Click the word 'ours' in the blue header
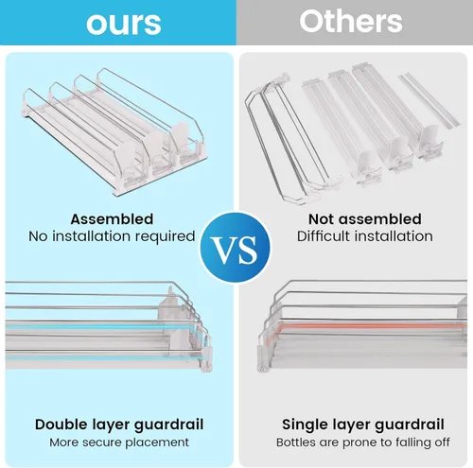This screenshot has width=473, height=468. coord(124,24)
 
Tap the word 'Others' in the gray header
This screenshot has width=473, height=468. coord(351,21)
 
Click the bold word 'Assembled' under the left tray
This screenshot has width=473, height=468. coord(112,219)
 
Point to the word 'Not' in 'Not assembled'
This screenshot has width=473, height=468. coord(321,219)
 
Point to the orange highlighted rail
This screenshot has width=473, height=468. coord(371,326)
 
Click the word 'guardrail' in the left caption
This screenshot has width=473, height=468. coord(168,425)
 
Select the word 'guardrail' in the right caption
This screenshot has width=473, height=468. coord(410,425)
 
